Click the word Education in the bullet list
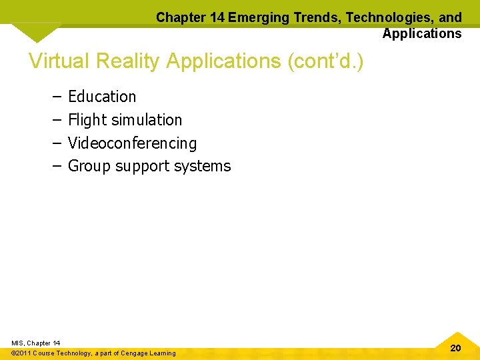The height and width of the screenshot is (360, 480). tap(102, 97)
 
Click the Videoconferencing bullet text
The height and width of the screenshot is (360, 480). tap(132, 143)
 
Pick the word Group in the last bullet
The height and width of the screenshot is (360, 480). tap(89, 166)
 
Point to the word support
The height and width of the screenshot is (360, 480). tap(142, 167)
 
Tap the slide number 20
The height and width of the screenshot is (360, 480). tap(455, 348)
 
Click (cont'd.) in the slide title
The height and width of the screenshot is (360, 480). tap(325, 61)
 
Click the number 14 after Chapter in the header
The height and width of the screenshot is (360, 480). tap(216, 17)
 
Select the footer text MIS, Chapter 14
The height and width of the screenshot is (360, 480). tap(35, 343)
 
